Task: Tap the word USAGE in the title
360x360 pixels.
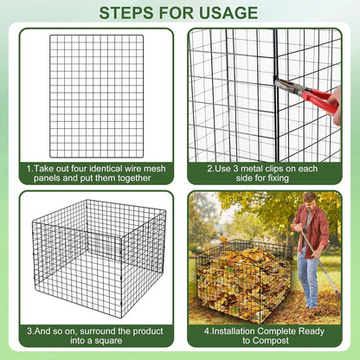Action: (225, 13)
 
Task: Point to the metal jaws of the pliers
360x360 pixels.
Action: (284, 83)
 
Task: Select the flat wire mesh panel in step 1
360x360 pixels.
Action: (97, 95)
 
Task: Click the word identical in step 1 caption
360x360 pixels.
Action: (98, 168)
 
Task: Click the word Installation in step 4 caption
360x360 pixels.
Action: (233, 331)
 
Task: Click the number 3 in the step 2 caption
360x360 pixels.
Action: (228, 168)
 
